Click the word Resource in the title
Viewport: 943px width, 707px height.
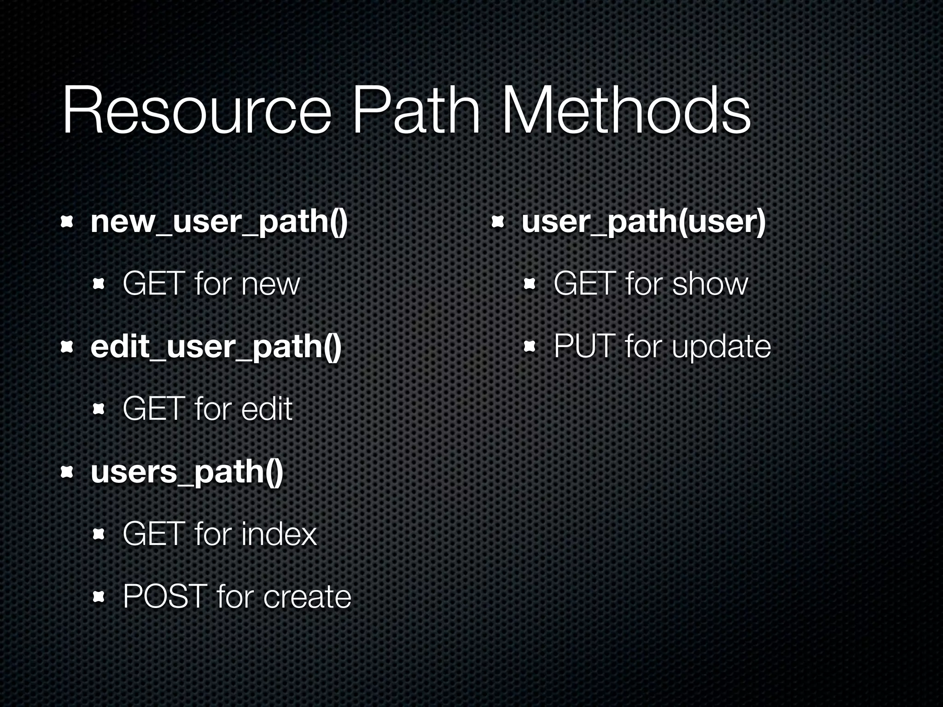[x=196, y=112]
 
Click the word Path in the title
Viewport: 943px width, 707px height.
[x=415, y=112]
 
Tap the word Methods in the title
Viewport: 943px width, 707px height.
[x=626, y=112]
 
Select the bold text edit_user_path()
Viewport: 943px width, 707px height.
[x=216, y=348]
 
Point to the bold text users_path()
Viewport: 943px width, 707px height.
[x=186, y=473]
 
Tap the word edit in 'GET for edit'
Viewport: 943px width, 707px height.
[x=267, y=409]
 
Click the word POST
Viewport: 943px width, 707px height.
[x=165, y=597]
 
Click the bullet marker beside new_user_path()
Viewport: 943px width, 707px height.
[x=68, y=223]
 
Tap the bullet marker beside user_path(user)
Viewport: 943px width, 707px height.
[x=498, y=223]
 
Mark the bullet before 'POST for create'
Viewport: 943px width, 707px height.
[x=99, y=597]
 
